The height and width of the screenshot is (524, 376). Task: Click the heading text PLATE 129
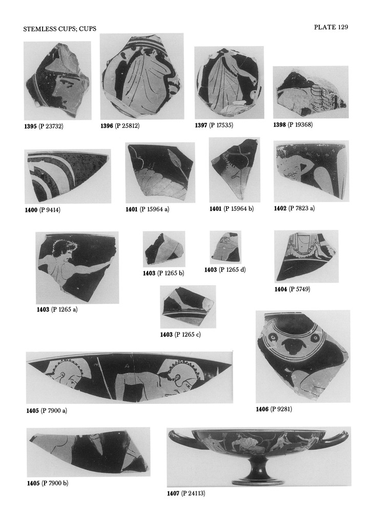point(331,27)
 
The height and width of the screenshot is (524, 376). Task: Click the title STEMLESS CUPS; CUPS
point(59,29)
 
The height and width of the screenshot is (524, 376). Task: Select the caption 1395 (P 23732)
point(44,126)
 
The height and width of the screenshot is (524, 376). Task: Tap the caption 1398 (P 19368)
point(293,125)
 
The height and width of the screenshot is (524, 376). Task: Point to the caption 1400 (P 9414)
point(43,210)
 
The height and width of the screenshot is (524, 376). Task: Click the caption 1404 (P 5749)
point(293,289)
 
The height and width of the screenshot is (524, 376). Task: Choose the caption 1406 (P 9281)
point(274,409)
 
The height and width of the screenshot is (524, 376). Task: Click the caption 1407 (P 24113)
point(186,493)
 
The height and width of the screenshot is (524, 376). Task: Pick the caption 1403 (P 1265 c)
point(180,335)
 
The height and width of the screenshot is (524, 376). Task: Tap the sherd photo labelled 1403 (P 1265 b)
point(164,249)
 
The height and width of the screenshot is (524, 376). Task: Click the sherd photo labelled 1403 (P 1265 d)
point(225,247)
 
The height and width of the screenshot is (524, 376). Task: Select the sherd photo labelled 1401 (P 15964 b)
point(235,169)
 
